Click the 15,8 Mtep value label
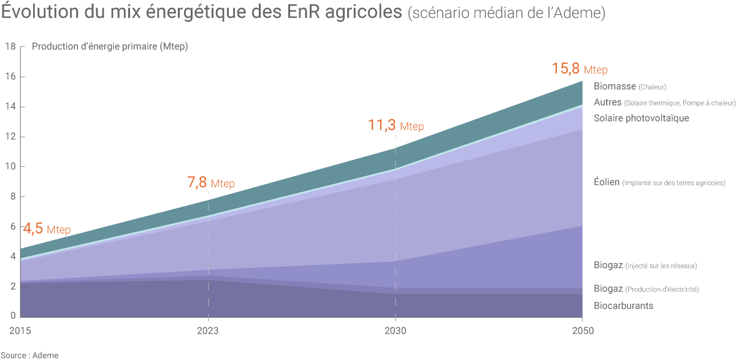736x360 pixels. pyautogui.click(x=580, y=69)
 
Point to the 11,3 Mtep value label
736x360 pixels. pyautogui.click(x=396, y=126)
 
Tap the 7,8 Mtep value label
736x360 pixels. pyautogui.click(x=210, y=183)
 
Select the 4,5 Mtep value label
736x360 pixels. pyautogui.click(x=47, y=229)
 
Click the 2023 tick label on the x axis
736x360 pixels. pyautogui.click(x=209, y=331)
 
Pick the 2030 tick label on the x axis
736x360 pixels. pyautogui.click(x=396, y=331)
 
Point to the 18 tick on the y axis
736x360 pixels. pyautogui.click(x=10, y=47)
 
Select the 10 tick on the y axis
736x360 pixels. pyautogui.click(x=10, y=167)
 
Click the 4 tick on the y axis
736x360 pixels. pyautogui.click(x=12, y=256)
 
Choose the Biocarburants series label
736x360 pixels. pyautogui.click(x=623, y=305)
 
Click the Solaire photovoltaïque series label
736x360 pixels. pyautogui.click(x=641, y=118)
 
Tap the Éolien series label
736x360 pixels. pyautogui.click(x=659, y=182)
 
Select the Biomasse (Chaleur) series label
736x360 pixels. pyautogui.click(x=629, y=86)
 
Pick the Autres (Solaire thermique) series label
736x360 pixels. pyautogui.click(x=664, y=102)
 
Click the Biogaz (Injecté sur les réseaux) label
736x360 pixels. pyautogui.click(x=645, y=266)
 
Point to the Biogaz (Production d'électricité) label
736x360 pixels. pyautogui.click(x=646, y=289)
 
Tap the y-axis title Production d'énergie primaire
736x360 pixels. pyautogui.click(x=110, y=47)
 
